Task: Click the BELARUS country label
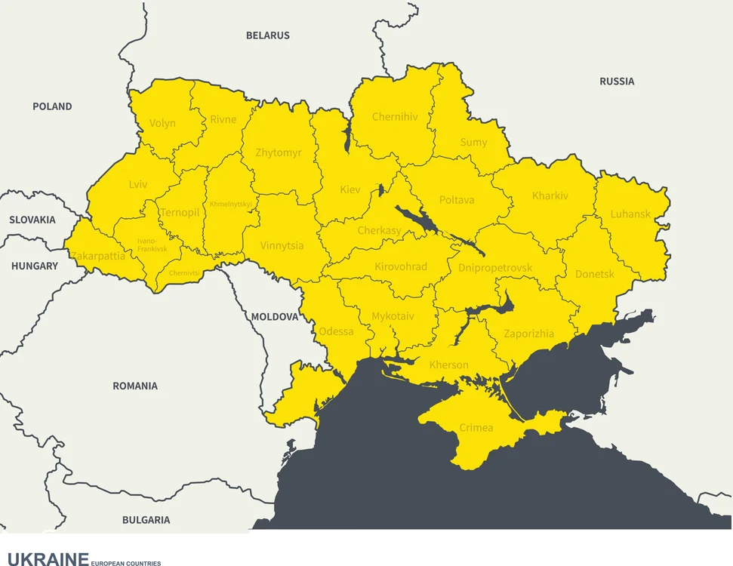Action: [267, 35]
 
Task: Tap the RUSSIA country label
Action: [617, 82]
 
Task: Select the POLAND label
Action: [52, 106]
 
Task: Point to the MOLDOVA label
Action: [275, 317]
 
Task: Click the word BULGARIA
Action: [146, 520]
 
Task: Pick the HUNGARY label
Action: [34, 266]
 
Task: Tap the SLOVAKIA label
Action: [32, 220]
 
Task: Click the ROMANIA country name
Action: [135, 386]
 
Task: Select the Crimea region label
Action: [476, 428]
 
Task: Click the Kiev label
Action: [350, 189]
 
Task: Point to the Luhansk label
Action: [630, 214]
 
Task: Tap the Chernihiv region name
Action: [395, 117]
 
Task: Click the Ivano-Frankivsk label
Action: [152, 245]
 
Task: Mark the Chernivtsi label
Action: [184, 273]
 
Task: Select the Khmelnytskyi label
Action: [231, 204]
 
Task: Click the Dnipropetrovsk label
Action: [495, 268]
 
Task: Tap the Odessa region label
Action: [336, 331]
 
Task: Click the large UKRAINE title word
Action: [48, 559]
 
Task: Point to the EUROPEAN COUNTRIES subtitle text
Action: [125, 563]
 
